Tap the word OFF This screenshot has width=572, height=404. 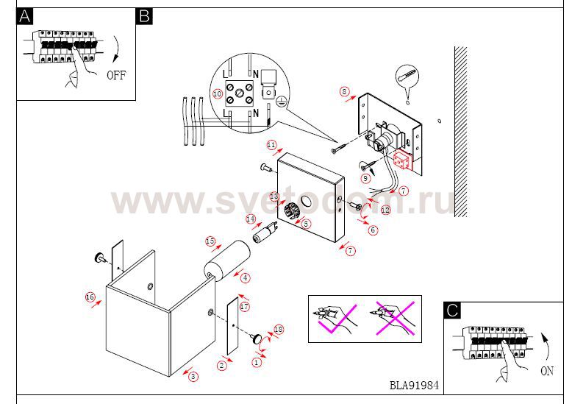116,75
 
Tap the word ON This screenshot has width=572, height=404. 546,372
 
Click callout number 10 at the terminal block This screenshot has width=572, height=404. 217,94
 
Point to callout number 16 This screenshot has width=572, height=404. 90,297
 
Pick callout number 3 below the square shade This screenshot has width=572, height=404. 193,377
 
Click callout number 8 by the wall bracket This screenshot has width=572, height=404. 344,92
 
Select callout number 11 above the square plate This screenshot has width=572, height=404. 271,144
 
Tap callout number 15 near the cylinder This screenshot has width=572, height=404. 210,241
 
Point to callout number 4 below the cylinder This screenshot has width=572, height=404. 245,277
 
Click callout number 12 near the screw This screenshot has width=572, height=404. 386,210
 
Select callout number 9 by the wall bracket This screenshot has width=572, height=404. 365,177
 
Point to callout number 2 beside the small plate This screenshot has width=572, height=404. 221,364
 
